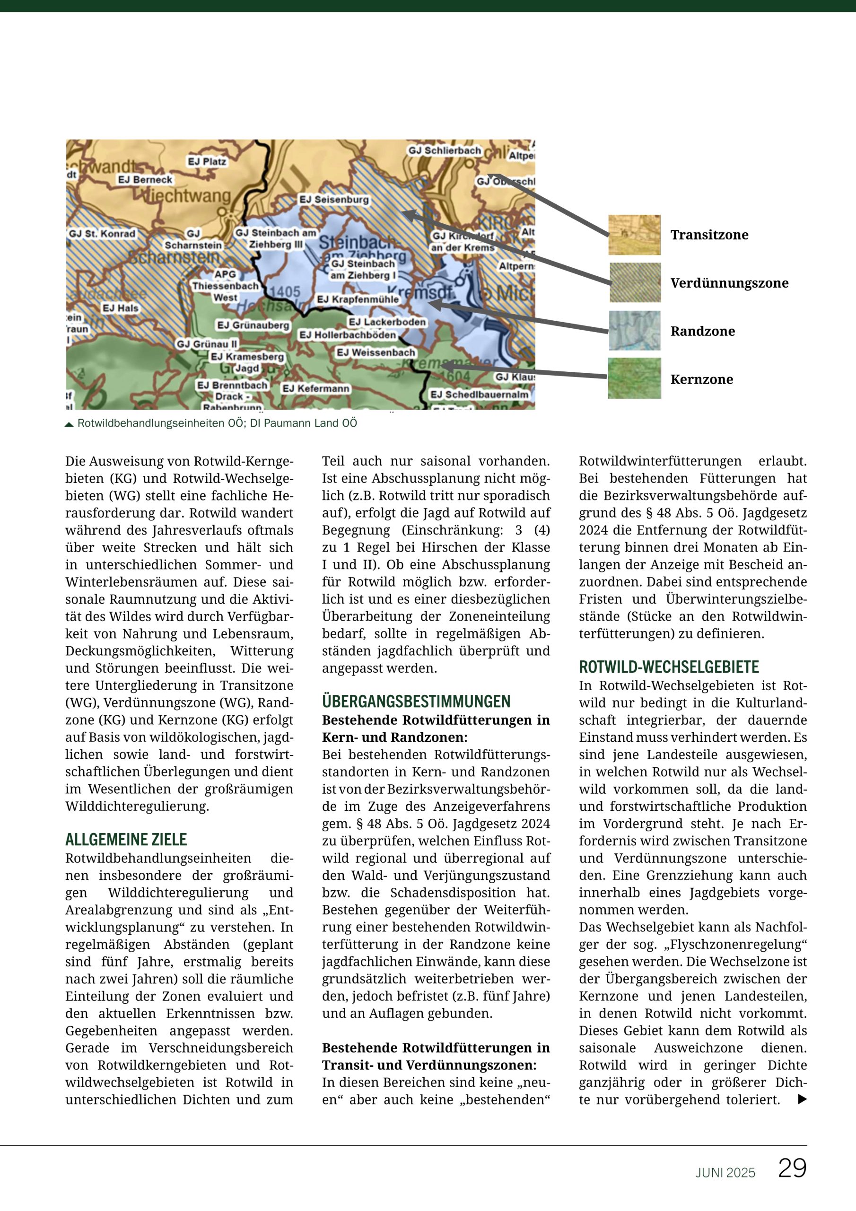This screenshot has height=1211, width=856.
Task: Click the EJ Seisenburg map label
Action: [334, 200]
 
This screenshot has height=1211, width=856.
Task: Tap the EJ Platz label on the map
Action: [207, 161]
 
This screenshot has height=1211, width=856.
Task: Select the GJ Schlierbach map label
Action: [445, 151]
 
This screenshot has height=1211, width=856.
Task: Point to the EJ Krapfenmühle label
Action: [358, 299]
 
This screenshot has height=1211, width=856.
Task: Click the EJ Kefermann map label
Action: [316, 389]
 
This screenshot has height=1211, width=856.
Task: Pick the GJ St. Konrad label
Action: [102, 234]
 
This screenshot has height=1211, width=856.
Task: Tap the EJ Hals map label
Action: [120, 308]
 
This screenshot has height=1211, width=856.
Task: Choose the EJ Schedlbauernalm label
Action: [480, 395]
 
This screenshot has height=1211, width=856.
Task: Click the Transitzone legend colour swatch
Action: [634, 235]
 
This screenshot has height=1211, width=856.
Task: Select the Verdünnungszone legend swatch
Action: [635, 283]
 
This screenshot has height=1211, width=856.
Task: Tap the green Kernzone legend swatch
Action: [634, 378]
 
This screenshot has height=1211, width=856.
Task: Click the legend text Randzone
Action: [702, 331]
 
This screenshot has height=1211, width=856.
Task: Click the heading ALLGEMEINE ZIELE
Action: [126, 840]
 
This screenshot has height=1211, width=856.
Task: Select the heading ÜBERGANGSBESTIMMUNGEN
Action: [416, 702]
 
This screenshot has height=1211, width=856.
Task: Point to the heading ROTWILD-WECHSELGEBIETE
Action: [669, 667]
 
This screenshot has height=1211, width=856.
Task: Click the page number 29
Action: [792, 1168]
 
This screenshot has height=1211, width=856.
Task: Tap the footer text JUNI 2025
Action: [725, 1173]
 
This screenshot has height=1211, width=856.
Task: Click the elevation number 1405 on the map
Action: [285, 292]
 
